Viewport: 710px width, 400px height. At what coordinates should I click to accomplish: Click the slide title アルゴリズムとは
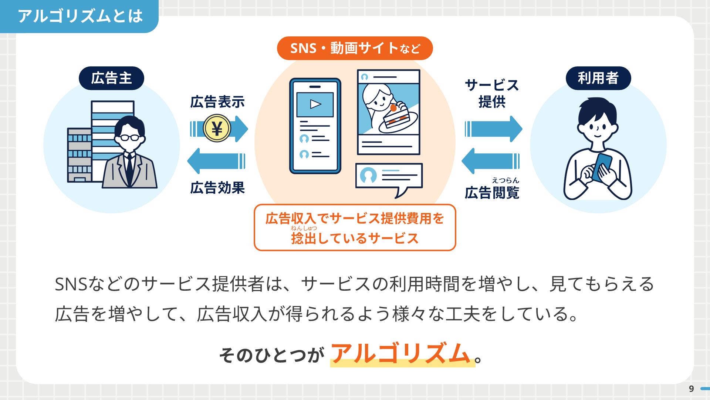click(x=80, y=16)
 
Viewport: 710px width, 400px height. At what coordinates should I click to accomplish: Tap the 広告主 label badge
click(x=111, y=78)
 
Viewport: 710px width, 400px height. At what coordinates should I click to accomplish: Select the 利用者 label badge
click(x=598, y=78)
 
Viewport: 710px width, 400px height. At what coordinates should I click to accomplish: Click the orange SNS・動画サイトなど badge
click(x=355, y=48)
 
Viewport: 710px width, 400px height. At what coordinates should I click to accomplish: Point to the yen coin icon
click(x=217, y=129)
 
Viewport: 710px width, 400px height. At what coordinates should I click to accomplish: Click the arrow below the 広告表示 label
click(x=219, y=129)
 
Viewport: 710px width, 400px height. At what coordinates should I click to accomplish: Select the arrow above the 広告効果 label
click(x=216, y=161)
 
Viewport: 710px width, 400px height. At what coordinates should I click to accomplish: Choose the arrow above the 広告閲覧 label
click(x=491, y=161)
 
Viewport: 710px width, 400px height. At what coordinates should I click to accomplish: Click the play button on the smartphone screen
click(x=315, y=104)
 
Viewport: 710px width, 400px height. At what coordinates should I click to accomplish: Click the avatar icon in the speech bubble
click(x=368, y=175)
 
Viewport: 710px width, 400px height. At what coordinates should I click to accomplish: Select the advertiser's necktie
click(x=129, y=169)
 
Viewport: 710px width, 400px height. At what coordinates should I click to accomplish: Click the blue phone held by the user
click(x=602, y=167)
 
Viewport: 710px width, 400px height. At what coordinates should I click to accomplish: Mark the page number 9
click(x=691, y=389)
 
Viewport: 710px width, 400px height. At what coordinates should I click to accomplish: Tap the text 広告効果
click(x=217, y=188)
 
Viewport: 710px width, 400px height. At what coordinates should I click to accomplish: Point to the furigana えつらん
click(x=506, y=180)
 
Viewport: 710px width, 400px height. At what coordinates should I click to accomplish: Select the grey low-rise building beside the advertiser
click(x=80, y=155)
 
